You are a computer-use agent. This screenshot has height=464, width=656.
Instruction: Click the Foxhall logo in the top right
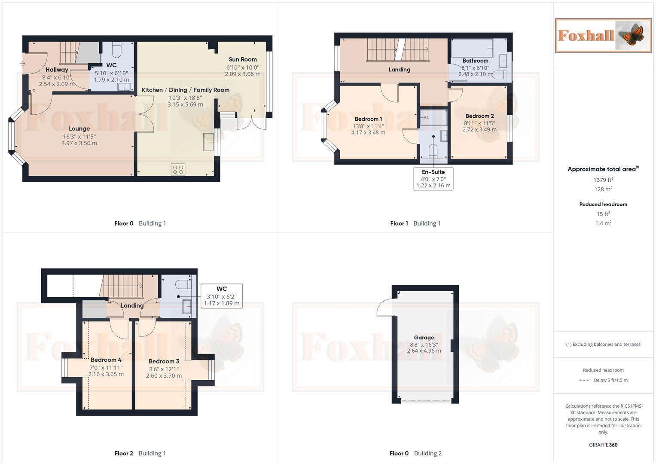click(x=603, y=35)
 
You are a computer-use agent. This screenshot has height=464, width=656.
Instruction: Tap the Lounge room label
click(x=79, y=128)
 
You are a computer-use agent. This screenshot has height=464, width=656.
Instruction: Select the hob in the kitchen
click(x=178, y=169)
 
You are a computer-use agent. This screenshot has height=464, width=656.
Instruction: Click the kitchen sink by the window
click(x=209, y=142)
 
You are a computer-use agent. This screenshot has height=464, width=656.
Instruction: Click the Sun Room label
click(x=243, y=60)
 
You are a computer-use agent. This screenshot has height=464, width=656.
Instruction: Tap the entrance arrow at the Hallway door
click(x=22, y=64)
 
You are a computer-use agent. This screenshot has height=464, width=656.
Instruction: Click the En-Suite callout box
click(x=433, y=178)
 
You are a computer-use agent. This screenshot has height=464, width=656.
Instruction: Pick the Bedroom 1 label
click(x=368, y=119)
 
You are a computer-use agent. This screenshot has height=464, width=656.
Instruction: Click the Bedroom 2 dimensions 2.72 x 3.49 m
click(x=479, y=129)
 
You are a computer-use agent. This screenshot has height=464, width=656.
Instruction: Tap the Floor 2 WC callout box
click(x=221, y=296)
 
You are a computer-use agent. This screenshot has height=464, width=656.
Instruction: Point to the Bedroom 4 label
click(x=106, y=360)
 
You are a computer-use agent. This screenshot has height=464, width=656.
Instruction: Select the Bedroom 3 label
click(x=164, y=361)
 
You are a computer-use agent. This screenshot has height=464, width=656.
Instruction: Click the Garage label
click(x=424, y=337)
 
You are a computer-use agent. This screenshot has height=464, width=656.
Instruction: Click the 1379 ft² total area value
click(x=603, y=180)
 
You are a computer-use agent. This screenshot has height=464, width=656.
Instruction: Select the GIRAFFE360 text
click(x=603, y=445)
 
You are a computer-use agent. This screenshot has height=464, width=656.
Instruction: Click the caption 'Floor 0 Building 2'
click(x=415, y=453)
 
